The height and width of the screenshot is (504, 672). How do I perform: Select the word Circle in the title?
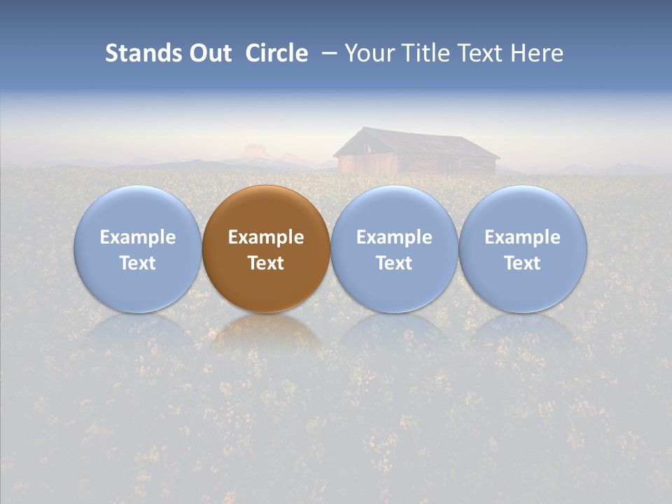[276, 53]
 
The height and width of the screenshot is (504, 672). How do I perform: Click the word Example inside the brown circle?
[266, 237]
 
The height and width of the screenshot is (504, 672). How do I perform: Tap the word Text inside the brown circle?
[266, 263]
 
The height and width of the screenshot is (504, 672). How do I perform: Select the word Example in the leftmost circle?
[137, 237]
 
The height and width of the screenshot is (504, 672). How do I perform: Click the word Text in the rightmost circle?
[522, 263]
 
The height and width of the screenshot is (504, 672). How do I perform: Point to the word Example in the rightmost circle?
[522, 237]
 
